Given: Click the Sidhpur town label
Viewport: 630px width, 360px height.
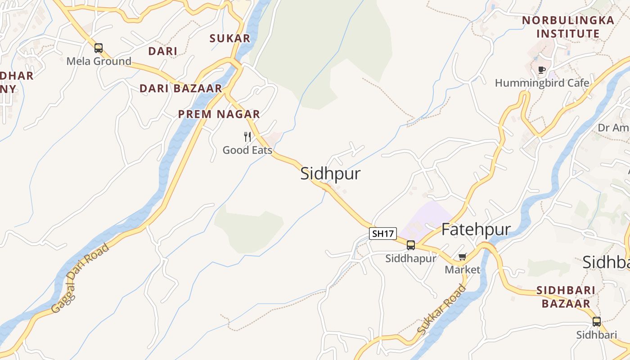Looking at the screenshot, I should pos(330,174).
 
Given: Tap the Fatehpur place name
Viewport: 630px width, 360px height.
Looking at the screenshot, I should pos(476,229).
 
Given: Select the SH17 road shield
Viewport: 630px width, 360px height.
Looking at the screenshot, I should pos(382,234).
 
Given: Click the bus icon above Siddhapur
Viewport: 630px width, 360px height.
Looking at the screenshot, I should pos(411,245).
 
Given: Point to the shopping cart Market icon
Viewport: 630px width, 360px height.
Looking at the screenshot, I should pos(462,257).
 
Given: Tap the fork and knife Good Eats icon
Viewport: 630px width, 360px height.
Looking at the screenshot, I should pos(247,136).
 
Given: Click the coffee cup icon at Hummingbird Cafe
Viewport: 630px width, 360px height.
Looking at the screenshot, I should pos(542,70).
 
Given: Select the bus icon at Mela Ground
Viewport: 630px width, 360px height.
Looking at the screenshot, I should pos(99,48).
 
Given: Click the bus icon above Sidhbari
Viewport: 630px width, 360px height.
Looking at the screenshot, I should pos(597,322).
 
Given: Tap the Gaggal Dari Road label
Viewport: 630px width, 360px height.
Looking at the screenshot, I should pos(80,279).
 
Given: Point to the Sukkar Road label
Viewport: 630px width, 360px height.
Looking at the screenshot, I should pos(441,310).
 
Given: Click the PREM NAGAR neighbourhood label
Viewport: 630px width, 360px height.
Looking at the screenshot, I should pos(219,114).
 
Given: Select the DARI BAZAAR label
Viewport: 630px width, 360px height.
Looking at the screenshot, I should pos(181,89).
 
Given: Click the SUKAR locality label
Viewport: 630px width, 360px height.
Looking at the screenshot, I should pos(230,39).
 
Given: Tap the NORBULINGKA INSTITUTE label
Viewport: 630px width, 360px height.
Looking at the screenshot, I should pos(568,27).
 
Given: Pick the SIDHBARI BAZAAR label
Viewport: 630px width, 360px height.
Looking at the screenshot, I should pos(566,297).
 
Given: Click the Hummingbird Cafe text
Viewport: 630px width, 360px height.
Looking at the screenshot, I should pos(542,83).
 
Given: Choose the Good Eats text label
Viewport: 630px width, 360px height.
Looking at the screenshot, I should pos(247,150).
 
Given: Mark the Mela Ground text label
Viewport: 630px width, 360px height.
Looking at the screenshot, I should pos(99,61).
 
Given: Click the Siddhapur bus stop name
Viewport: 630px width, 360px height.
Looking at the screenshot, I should pos(411,259).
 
